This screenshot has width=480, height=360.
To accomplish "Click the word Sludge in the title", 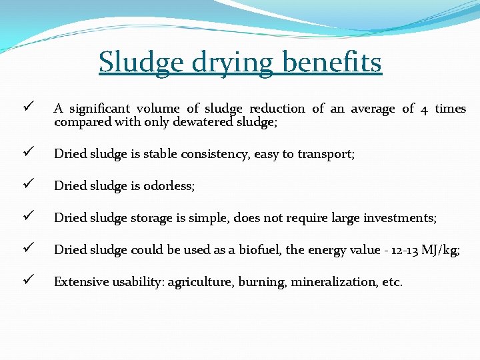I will pyautogui.click(x=139, y=63).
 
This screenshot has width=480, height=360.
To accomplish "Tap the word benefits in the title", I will pyautogui.click(x=331, y=63).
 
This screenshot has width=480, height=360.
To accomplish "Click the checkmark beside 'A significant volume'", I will pyautogui.click(x=26, y=108).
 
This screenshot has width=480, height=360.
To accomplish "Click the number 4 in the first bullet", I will pyautogui.click(x=425, y=109).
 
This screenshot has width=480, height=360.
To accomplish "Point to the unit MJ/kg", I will pyautogui.click(x=441, y=250).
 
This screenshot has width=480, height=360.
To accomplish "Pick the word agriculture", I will pyautogui.click(x=200, y=282).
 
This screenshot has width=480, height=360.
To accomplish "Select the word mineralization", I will pyautogui.click(x=325, y=282).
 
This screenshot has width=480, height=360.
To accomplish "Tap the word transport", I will pyautogui.click(x=326, y=154).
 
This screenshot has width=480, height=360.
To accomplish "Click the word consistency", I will pyautogui.click(x=209, y=154).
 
